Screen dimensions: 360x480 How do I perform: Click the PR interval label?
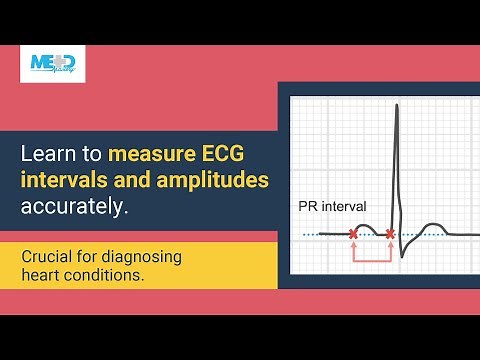pos(332,207)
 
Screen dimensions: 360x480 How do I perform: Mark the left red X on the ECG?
pos(353,234)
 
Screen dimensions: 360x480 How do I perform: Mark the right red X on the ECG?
pos(390,234)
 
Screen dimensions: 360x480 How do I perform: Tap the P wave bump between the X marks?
pos(370,228)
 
